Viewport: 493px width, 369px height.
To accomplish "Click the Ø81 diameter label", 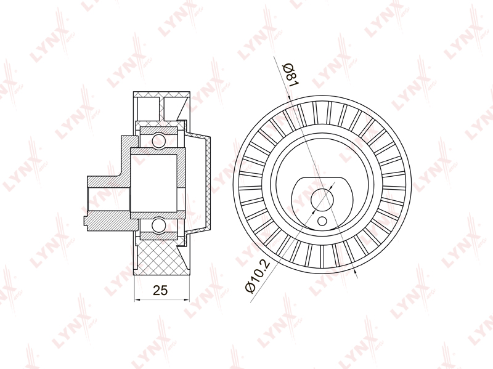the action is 291,75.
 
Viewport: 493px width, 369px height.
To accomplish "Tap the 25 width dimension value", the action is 160,290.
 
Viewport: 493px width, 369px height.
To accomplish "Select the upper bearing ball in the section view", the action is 158,140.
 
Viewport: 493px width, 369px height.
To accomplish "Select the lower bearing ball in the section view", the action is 158,226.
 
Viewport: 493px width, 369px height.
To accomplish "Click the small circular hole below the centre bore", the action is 322,221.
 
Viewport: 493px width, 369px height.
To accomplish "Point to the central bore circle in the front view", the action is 322,199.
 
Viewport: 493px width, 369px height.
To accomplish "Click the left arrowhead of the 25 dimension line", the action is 137,300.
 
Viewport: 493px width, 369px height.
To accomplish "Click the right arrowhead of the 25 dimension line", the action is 187,300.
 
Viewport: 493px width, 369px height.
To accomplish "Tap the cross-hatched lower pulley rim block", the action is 159,256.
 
